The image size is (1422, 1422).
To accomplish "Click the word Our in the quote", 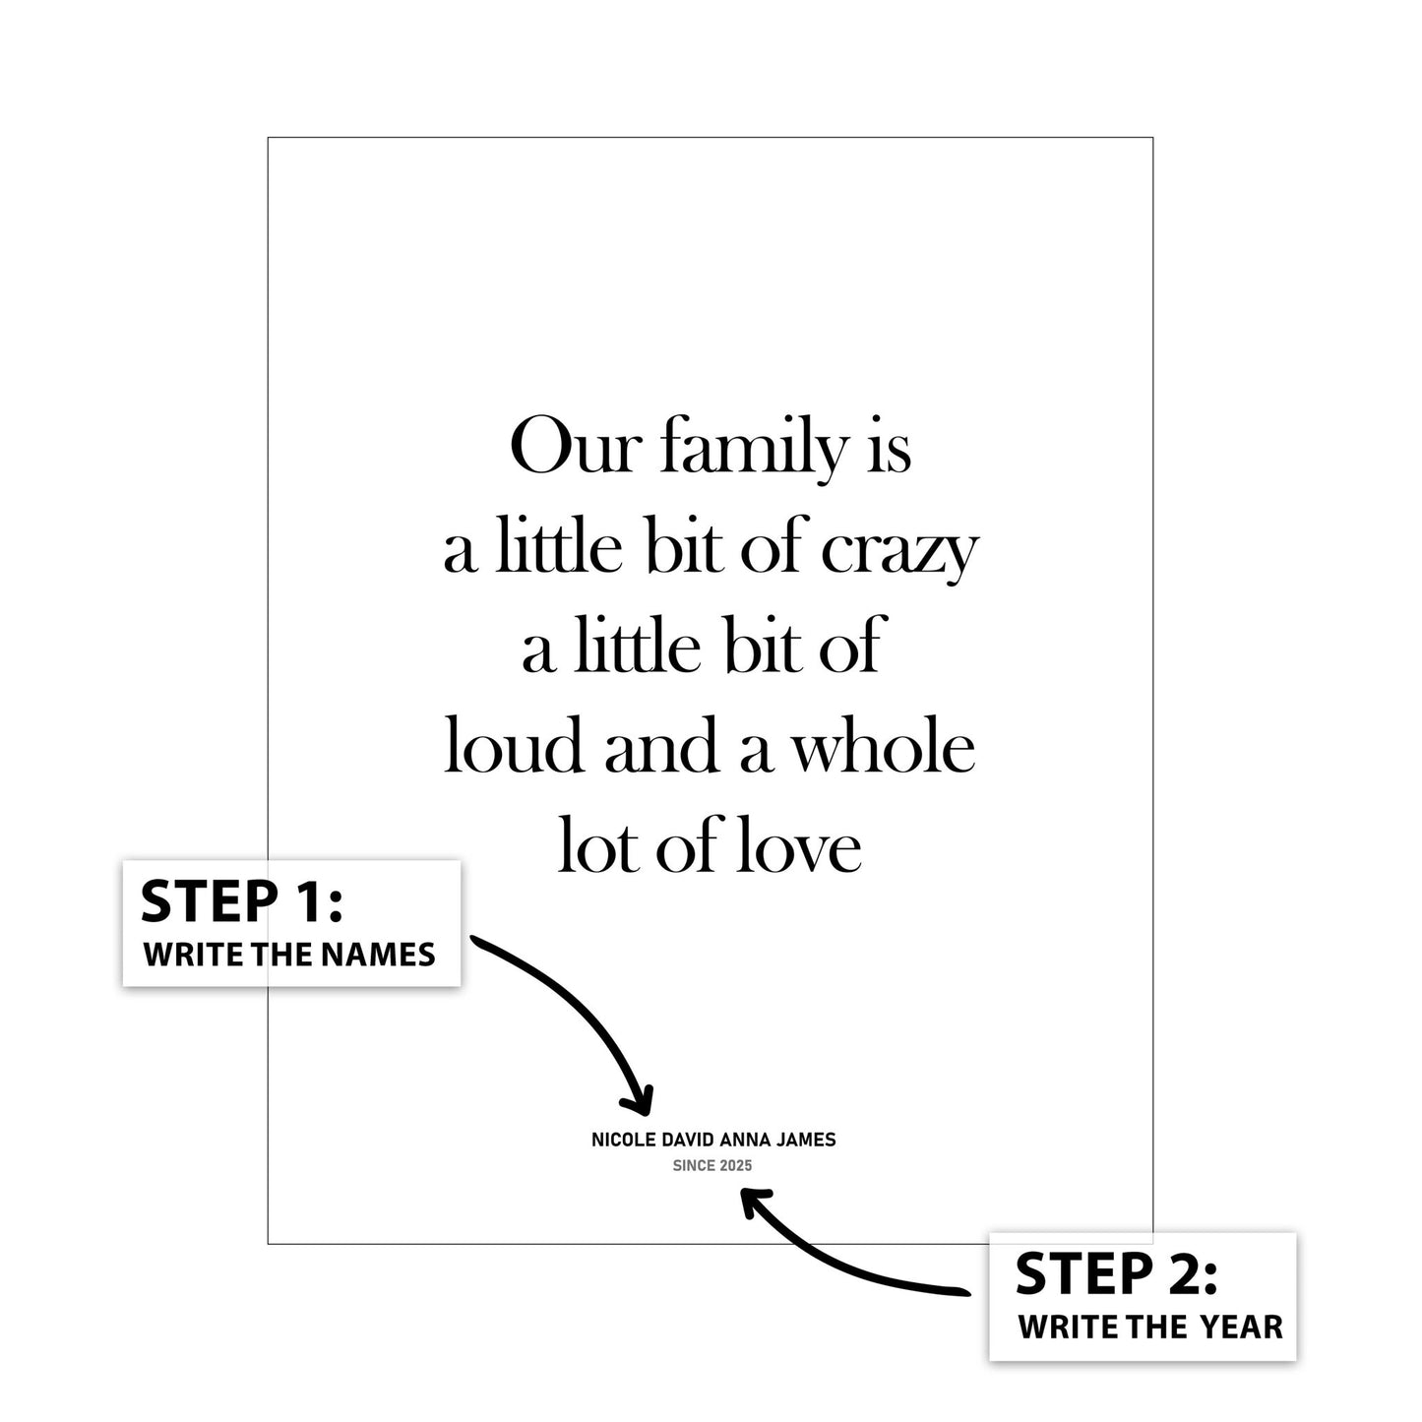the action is point(572,447).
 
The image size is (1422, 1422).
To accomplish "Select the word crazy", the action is point(899,553).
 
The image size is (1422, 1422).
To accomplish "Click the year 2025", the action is point(737,1166).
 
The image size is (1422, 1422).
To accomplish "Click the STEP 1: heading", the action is point(242,901).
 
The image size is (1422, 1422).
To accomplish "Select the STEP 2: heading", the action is point(1117,1273).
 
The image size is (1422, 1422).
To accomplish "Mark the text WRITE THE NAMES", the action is point(290,956).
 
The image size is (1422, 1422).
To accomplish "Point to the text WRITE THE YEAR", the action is point(1150,1328).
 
